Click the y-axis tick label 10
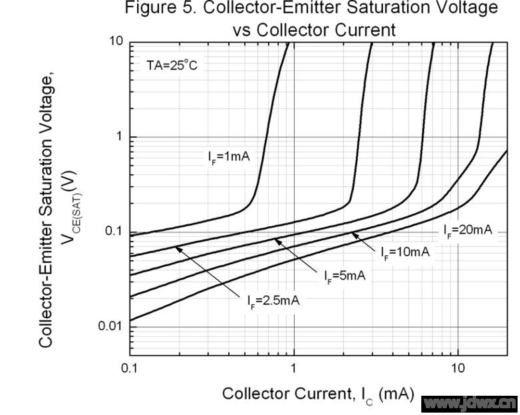[116, 42]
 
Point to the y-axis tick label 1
[120, 137]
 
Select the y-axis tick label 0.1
[114, 232]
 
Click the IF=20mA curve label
[468, 230]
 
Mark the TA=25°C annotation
[171, 65]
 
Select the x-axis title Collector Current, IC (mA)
[318, 394]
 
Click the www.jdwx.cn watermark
[470, 403]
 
